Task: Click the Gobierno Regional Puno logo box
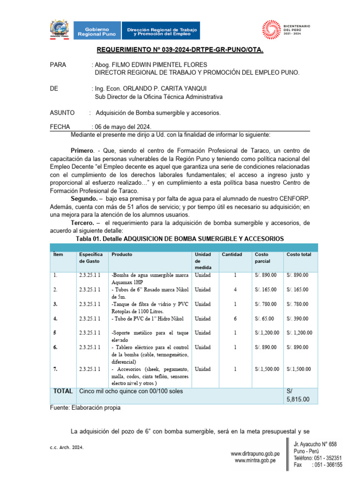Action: coord(96,31)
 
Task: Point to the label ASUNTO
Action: coord(62,113)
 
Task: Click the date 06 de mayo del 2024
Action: coord(123,127)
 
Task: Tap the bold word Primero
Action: coord(82,151)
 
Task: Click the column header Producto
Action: coord(121,255)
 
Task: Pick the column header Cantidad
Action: coord(232,255)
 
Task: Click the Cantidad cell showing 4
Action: coord(235,290)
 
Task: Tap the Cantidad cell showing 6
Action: coord(235,319)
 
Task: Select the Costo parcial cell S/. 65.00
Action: coord(265,319)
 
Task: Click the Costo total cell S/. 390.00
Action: coord(298,319)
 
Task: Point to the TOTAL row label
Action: coord(63,391)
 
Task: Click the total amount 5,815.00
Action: coord(297,399)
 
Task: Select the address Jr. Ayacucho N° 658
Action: coord(315,444)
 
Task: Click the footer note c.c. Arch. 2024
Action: coord(67,448)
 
